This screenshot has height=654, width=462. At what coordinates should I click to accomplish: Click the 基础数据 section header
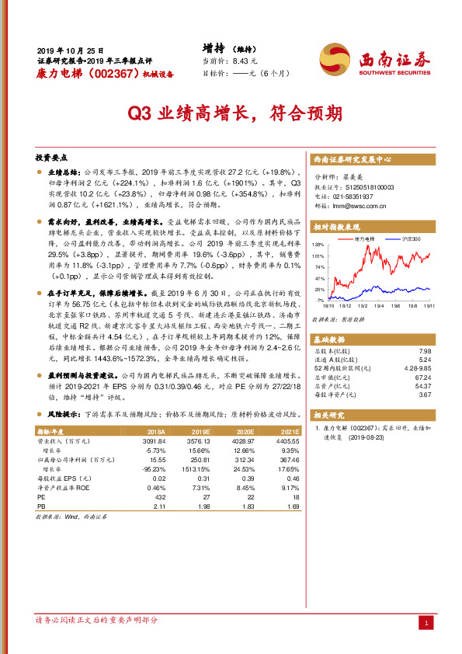click(x=330, y=340)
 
